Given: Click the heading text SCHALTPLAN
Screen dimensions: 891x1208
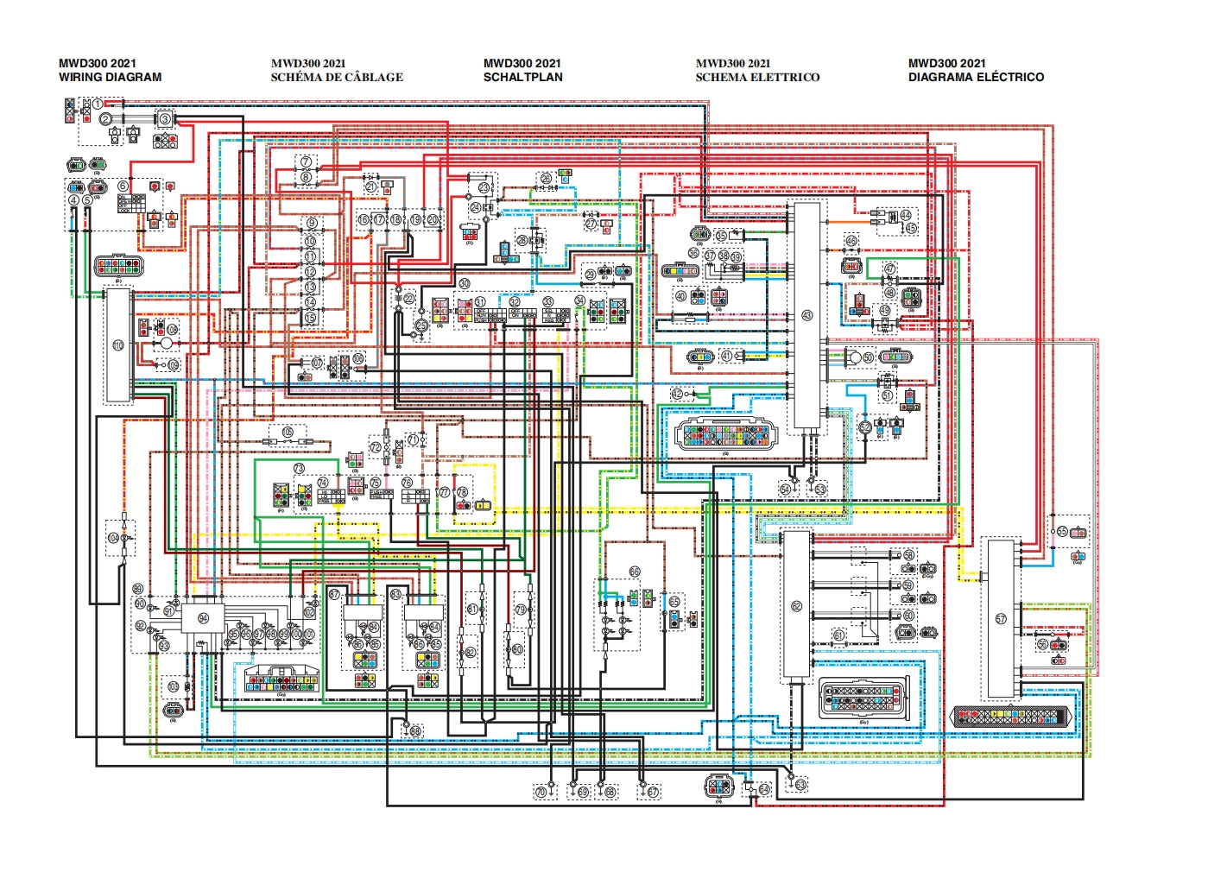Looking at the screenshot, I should pyautogui.click(x=522, y=77).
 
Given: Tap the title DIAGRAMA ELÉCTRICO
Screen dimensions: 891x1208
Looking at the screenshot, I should pyautogui.click(x=976, y=77).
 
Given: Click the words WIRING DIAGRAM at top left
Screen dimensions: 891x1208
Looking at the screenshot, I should pyautogui.click(x=110, y=77).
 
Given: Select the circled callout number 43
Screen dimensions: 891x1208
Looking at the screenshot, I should pyautogui.click(x=807, y=315).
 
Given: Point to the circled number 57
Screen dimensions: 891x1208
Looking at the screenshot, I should pyautogui.click(x=1001, y=619).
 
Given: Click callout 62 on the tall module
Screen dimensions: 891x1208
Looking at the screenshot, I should pyautogui.click(x=796, y=606).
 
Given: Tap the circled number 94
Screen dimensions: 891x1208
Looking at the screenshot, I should pyautogui.click(x=204, y=618).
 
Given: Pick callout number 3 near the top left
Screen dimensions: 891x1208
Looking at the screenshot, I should pyautogui.click(x=165, y=118).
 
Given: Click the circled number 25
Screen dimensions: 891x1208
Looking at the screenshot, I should pyautogui.click(x=421, y=325).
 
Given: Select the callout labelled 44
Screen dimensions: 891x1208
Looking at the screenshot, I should pyautogui.click(x=906, y=215).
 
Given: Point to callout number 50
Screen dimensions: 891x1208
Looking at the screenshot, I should pyautogui.click(x=868, y=357).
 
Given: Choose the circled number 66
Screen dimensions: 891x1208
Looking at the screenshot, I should pyautogui.click(x=635, y=572).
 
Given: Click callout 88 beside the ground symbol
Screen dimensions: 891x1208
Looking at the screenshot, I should pyautogui.click(x=415, y=731).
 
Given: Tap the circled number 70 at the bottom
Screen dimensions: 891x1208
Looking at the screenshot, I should pyautogui.click(x=541, y=792).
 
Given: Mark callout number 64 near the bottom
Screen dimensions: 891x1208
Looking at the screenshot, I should pyautogui.click(x=764, y=790).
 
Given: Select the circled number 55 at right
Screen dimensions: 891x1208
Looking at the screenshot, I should pyautogui.click(x=1062, y=532).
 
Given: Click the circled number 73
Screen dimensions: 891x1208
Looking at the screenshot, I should pyautogui.click(x=299, y=469).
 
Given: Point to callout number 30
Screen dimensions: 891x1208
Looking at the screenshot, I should pyautogui.click(x=465, y=283).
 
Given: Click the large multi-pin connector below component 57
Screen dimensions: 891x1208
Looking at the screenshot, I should pyautogui.click(x=1011, y=717).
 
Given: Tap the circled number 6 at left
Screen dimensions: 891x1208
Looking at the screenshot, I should pyautogui.click(x=123, y=186).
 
